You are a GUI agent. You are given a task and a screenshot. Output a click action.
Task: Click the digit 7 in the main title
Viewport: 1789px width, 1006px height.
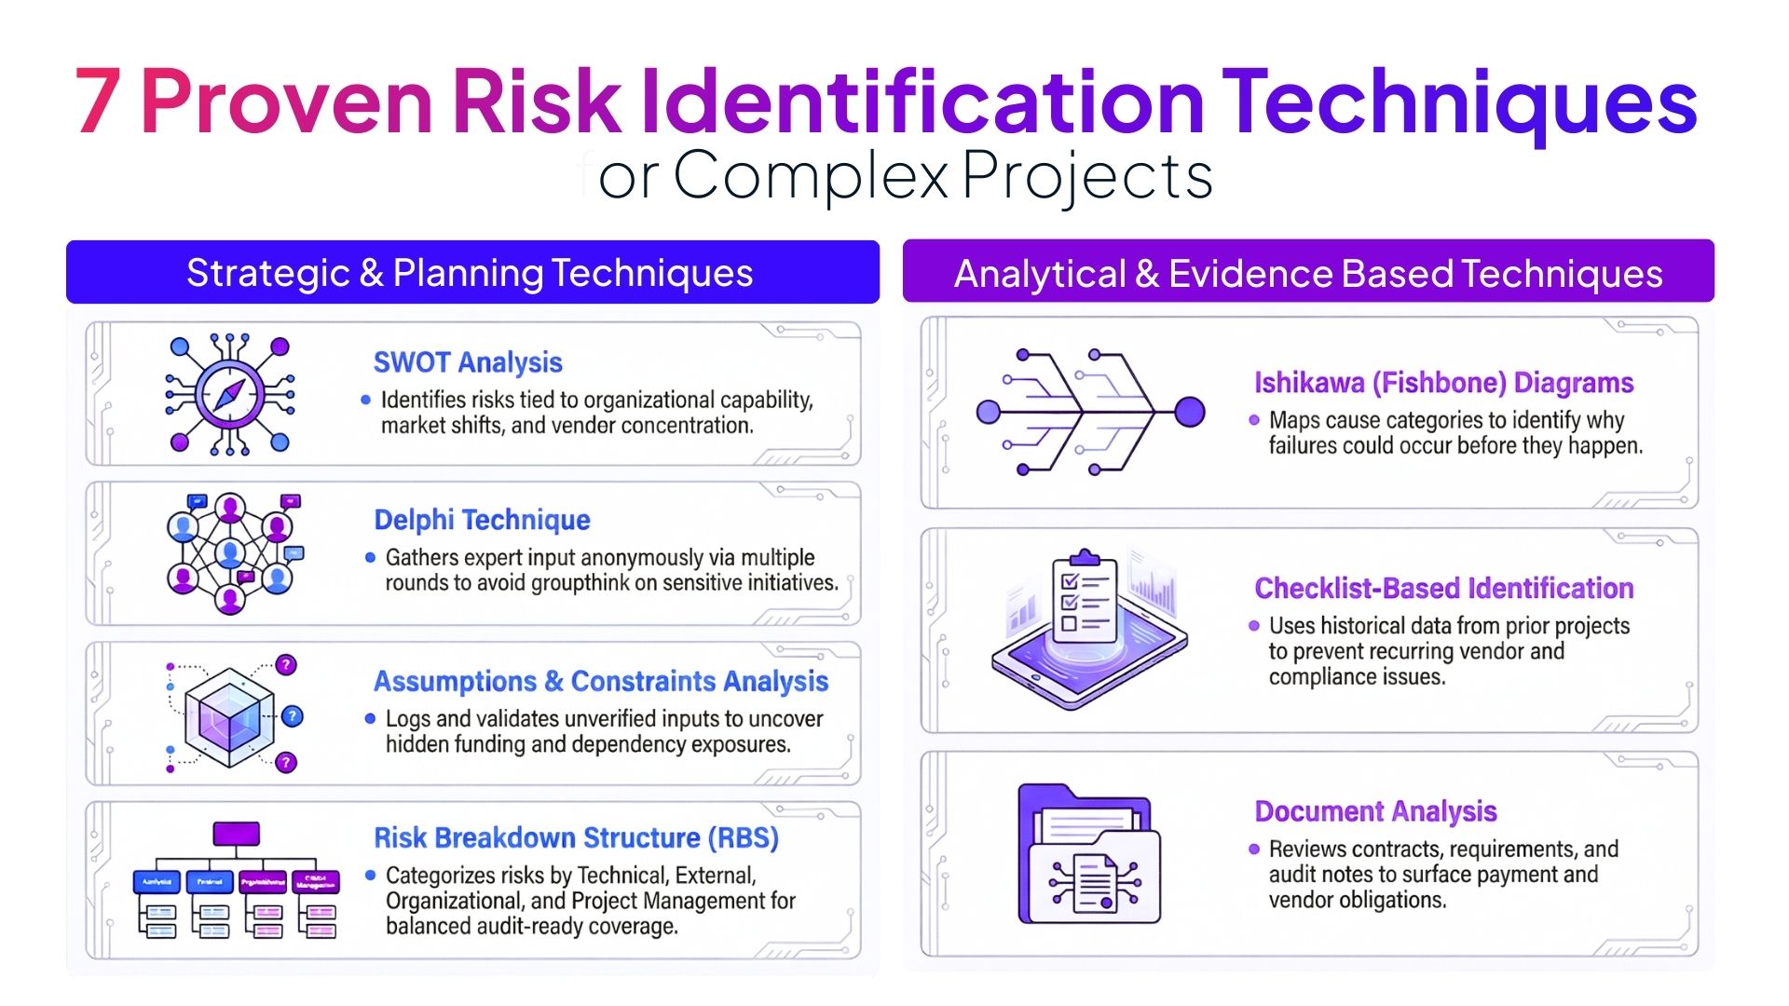coord(98,102)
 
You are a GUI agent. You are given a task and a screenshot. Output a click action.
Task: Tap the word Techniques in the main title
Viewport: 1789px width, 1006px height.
coord(1458,102)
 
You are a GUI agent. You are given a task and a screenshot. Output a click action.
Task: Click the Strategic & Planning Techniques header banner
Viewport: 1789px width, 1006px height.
coord(472,273)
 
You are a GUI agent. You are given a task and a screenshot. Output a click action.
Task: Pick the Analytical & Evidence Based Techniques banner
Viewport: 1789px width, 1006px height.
coord(1308,273)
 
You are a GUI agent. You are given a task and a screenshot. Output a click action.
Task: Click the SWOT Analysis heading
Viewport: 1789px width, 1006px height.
coord(468,362)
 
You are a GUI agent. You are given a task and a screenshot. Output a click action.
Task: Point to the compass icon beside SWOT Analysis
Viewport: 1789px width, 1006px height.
coord(230,395)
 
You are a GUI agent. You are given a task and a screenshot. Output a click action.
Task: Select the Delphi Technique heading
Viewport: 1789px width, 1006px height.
coord(482,520)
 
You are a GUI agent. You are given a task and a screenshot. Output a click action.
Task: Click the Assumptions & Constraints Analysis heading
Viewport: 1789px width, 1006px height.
coord(601,681)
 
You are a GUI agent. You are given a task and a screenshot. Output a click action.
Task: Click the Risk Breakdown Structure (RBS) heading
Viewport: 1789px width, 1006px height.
coord(576,837)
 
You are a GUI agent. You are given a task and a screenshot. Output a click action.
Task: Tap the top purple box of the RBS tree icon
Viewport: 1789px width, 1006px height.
coord(236,834)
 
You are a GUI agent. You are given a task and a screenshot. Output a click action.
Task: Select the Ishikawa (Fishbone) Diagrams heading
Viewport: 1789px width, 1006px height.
coord(1443,383)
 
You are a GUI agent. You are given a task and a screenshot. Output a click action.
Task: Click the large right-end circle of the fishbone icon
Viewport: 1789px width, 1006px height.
coord(1189,412)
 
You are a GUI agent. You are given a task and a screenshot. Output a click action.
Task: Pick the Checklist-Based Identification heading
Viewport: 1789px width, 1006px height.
coord(1443,589)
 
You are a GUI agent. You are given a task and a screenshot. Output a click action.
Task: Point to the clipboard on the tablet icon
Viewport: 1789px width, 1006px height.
coord(1084,598)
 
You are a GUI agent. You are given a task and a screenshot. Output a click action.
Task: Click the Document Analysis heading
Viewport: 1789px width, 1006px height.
coord(1375,811)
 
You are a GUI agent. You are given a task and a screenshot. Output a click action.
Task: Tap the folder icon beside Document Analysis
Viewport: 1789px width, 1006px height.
coord(1089,855)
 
